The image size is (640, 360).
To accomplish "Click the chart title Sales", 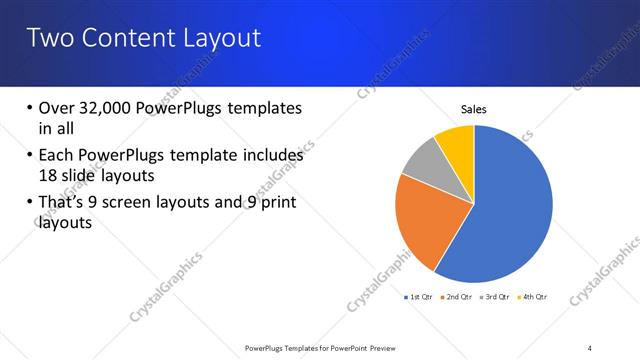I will [x=473, y=110].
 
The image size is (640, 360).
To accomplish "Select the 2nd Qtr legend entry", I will [x=456, y=297].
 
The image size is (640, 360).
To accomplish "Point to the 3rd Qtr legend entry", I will [x=495, y=297].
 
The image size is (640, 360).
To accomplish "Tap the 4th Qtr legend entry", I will [x=533, y=297].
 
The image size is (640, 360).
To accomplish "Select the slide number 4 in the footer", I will [x=589, y=347].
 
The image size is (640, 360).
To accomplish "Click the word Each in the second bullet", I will [x=56, y=156].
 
